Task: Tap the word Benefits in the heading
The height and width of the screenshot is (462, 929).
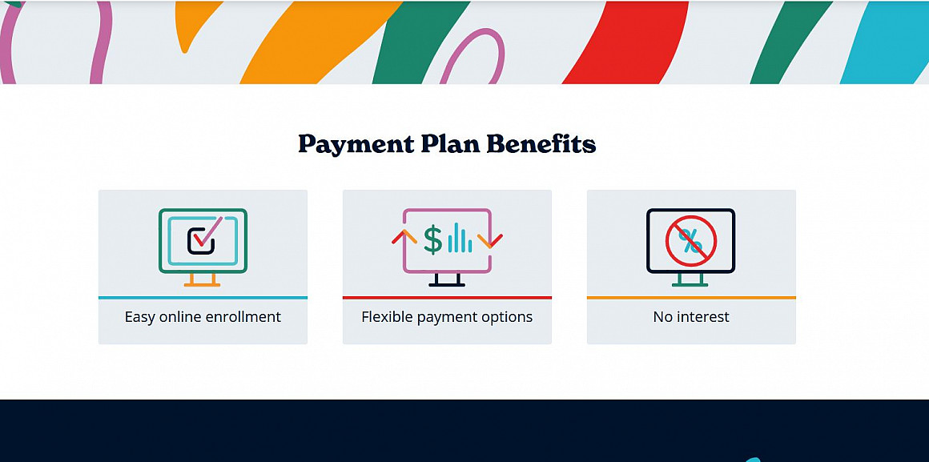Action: [541, 144]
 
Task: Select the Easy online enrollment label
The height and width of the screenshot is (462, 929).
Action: [203, 317]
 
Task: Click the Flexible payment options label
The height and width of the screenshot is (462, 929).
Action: [447, 318]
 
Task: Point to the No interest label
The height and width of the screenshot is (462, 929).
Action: [691, 317]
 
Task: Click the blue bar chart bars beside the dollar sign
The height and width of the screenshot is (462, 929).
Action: [460, 238]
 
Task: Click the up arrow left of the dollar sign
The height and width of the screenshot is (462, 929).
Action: [404, 235]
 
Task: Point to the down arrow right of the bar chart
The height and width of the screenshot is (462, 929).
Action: [490, 241]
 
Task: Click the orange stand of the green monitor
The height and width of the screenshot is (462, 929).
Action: [202, 279]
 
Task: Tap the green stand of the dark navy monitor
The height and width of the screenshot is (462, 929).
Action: [690, 279]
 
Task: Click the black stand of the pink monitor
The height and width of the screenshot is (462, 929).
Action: [447, 279]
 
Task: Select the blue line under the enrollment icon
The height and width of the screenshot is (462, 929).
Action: [203, 297]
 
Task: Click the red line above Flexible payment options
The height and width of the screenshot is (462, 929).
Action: [447, 297]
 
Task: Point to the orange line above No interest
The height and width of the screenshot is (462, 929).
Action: [691, 297]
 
